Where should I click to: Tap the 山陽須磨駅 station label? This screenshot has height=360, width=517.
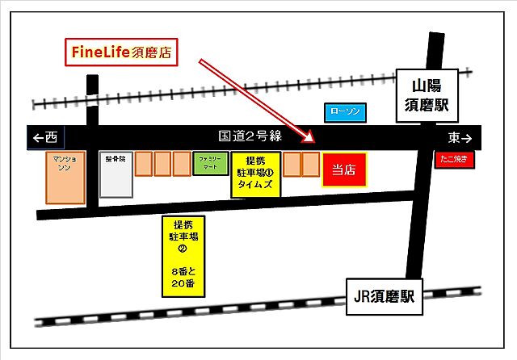coord(428,95)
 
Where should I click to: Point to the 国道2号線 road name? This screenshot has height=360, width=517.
coord(250,136)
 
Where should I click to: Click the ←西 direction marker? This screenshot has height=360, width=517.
coord(45,137)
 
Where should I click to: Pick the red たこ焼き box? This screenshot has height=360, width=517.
coord(455,160)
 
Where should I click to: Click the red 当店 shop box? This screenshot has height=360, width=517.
coord(345,170)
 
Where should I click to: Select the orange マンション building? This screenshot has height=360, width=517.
coord(65,178)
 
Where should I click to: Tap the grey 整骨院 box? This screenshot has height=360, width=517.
coord(115,174)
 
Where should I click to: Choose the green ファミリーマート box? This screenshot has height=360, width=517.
coord(210,164)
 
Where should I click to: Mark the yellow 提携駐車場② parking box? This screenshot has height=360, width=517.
coord(183,251)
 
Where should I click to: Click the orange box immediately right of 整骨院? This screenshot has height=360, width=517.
coord(143,163)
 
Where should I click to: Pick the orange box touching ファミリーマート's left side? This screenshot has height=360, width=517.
coord(183,163)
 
